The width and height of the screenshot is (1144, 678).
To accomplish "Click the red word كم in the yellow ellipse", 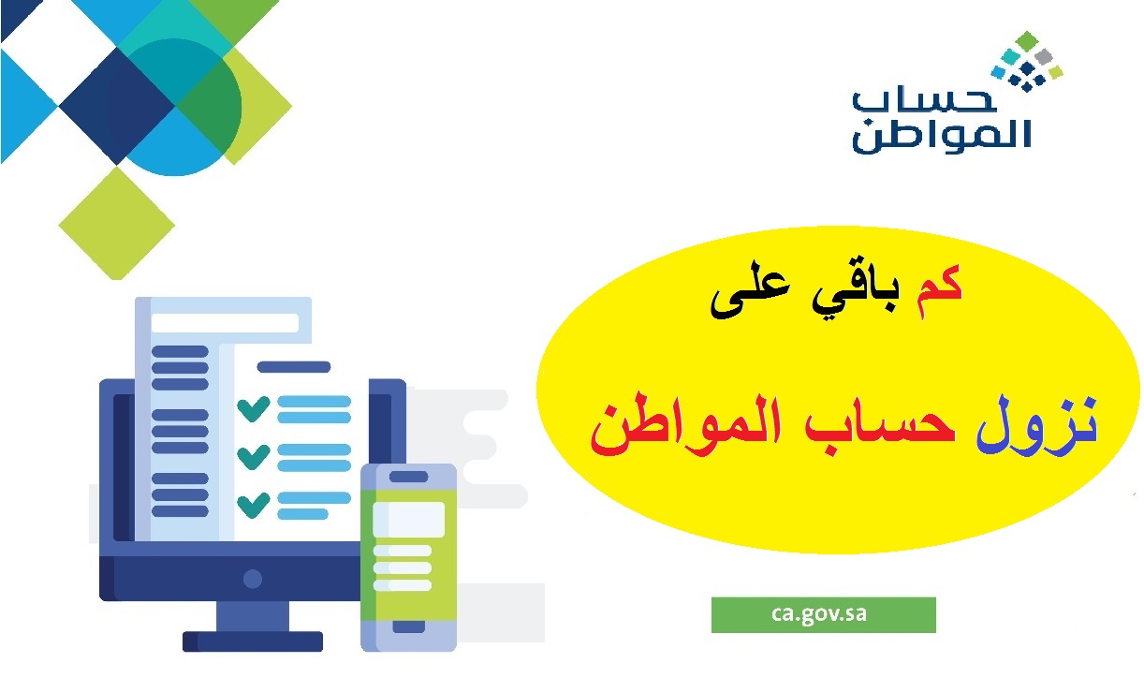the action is click(x=939, y=291).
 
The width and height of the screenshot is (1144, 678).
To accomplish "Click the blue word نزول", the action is click(x=1036, y=424).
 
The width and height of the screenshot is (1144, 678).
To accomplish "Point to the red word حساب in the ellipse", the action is click(x=879, y=423).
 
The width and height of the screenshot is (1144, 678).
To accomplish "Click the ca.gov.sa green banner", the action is click(x=823, y=614).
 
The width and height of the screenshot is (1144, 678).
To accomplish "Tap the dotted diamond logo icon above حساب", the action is click(x=1027, y=61).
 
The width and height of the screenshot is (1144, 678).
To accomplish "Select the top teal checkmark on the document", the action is click(x=254, y=408).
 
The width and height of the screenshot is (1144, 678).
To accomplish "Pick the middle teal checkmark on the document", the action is click(x=254, y=456).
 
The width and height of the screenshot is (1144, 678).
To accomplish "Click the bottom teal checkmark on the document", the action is click(x=254, y=505).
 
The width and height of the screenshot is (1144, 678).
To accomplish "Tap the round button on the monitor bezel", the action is click(x=252, y=579).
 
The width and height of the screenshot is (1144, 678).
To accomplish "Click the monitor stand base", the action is click(x=252, y=641).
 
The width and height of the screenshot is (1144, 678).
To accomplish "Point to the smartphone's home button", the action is click(x=408, y=626).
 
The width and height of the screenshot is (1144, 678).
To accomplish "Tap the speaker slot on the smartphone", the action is click(x=408, y=477).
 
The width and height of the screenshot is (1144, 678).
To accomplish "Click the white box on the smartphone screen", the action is click(x=408, y=519).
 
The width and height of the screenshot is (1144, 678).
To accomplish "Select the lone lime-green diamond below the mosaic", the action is click(x=116, y=223).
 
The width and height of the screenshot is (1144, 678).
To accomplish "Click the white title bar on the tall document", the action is click(x=225, y=323).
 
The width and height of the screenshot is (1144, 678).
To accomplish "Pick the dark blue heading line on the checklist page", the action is click(x=294, y=367).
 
